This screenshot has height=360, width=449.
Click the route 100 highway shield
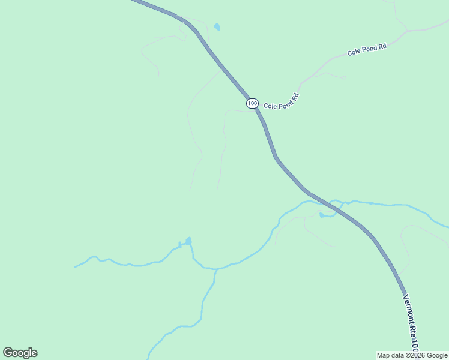252,103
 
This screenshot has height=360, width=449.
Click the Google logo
20,353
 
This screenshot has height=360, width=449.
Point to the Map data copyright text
412,355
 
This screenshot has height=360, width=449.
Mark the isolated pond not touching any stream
217,27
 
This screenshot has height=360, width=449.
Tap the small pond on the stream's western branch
188,242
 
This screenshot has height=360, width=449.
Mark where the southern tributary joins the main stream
216,269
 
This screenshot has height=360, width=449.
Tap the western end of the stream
76,266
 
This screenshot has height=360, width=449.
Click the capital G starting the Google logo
8,353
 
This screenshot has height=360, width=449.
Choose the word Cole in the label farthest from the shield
354,53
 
